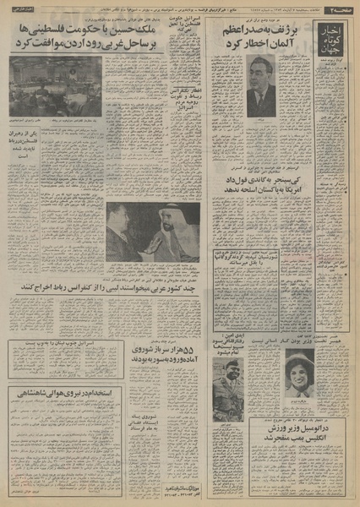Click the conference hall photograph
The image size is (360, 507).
point(57,86)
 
